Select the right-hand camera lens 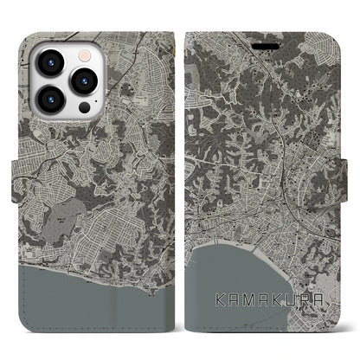84,80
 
